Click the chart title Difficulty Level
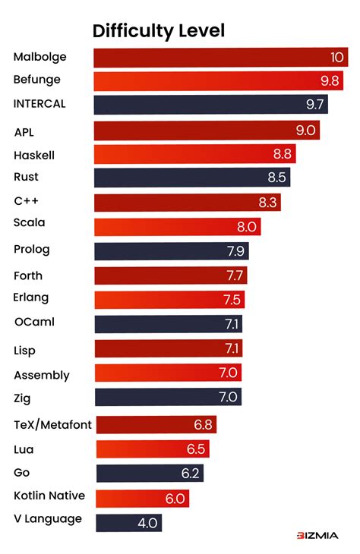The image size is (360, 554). click(159, 30)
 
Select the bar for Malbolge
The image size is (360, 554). click(220, 58)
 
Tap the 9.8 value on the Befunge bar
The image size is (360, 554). click(330, 80)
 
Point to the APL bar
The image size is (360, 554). click(206, 131)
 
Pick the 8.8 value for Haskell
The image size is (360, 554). click(283, 154)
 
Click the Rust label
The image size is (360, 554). click(26, 177)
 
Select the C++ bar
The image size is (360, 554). click(187, 202)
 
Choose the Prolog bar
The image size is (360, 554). click(171, 251)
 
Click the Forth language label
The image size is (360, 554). click(28, 275)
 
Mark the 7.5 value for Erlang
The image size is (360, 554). click(232, 299)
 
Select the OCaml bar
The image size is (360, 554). click(169, 324)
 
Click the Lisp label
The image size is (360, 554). click(24, 351)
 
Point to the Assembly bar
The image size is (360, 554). click(168, 373)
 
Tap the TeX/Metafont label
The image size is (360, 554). click(53, 425)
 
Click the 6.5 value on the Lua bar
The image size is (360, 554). click(196, 449)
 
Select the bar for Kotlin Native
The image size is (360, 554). click(142, 498)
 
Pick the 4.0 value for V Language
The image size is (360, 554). click(149, 522)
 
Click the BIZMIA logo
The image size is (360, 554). click(317, 536)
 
